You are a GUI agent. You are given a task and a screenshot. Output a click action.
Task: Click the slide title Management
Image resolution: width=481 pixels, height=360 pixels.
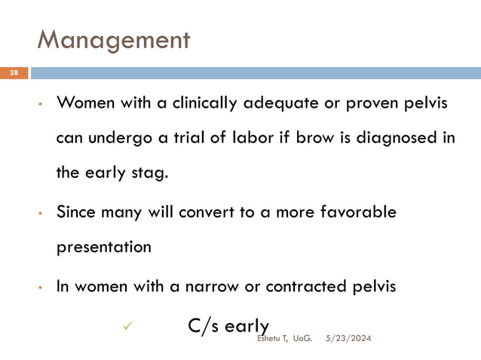click(113, 39)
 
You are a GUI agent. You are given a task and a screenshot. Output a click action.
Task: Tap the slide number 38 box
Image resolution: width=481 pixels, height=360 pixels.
click(14, 73)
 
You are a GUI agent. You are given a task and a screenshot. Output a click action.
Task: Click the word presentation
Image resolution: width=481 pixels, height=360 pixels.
click(104, 247)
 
